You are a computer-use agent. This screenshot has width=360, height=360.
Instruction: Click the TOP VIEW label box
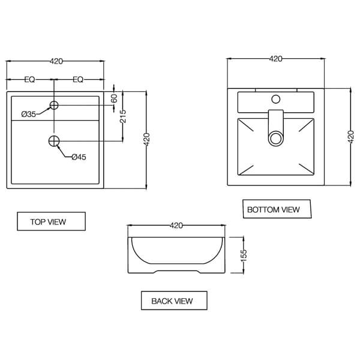click(x=51, y=221)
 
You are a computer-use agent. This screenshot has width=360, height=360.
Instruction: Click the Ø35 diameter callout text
click(x=29, y=114)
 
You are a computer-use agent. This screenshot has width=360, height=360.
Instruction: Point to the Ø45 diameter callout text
click(x=79, y=157)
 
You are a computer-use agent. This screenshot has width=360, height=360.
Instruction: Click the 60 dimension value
click(x=114, y=99)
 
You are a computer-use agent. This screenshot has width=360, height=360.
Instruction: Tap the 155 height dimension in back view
click(x=244, y=254)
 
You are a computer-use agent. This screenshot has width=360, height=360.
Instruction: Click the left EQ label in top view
click(x=29, y=80)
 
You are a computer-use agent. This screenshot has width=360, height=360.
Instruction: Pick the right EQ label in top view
click(x=78, y=80)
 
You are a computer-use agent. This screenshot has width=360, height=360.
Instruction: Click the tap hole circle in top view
click(x=54, y=106)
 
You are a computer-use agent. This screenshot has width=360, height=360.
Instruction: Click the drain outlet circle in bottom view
click(x=276, y=139)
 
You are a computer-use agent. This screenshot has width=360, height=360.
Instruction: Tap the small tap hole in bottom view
click(x=276, y=98)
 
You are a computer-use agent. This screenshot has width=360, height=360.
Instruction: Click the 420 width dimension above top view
click(x=56, y=61)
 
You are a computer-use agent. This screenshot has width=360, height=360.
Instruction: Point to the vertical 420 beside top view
click(x=147, y=140)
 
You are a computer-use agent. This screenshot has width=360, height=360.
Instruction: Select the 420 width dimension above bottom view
click(x=275, y=59)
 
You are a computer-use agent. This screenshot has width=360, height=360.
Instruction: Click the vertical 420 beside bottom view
click(x=351, y=137)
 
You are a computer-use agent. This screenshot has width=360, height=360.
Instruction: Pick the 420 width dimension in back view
click(x=176, y=226)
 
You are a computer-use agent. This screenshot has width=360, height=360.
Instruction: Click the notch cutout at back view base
click(x=176, y=272)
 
